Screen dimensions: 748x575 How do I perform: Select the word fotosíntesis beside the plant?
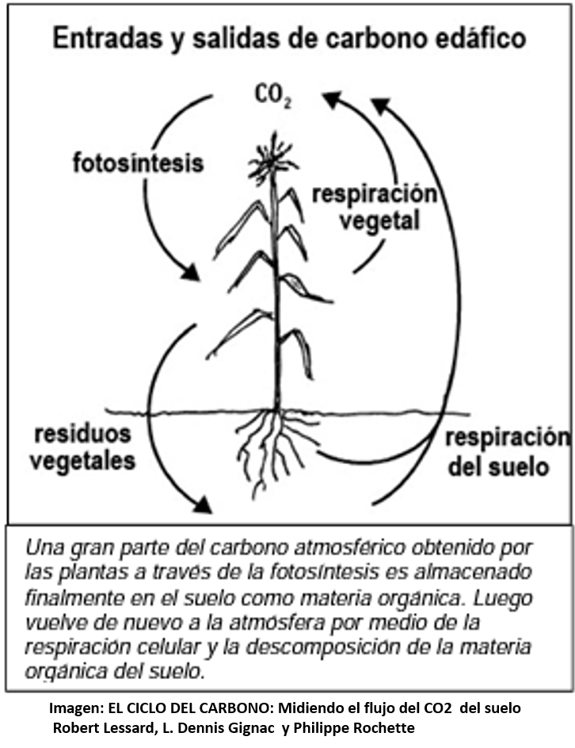click(x=139, y=164)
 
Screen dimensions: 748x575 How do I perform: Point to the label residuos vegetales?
click(x=84, y=447)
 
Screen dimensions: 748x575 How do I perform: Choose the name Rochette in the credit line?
click(x=380, y=727)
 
